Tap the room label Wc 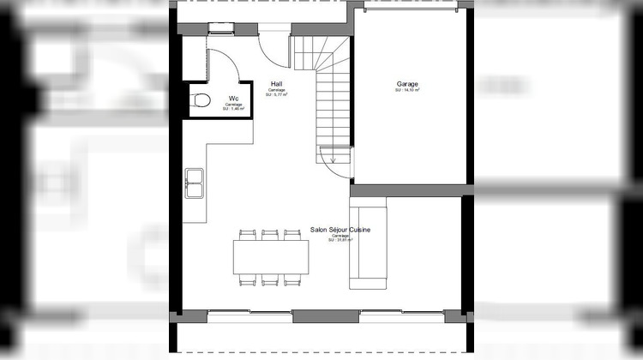pos(233,99)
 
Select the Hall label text pos(276,84)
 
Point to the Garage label pos(407,84)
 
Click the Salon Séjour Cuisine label pos(340,231)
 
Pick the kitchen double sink pos(194,183)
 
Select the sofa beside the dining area pos(369,243)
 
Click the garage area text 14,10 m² pos(407,90)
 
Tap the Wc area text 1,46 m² pos(233,110)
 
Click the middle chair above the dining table pos(271,234)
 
